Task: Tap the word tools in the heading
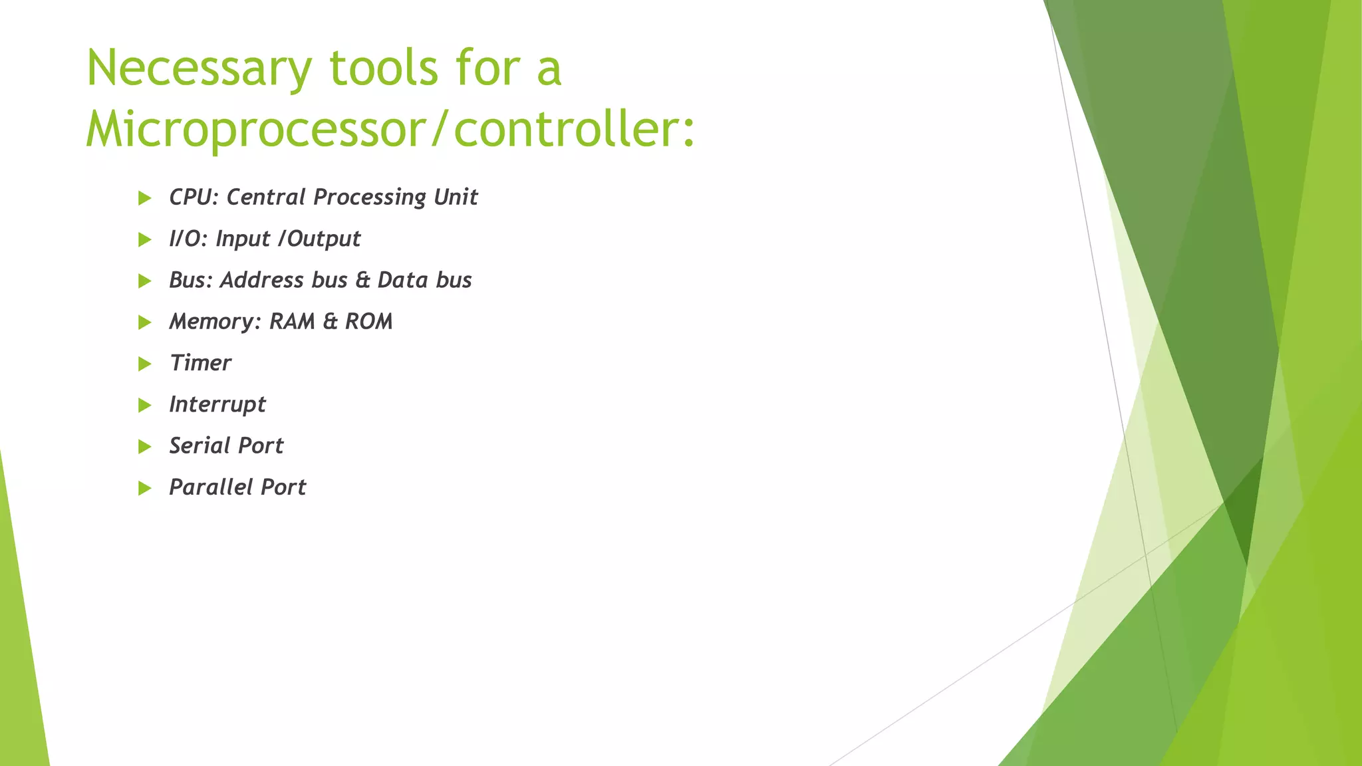click(384, 68)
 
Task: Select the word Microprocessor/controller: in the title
click(390, 129)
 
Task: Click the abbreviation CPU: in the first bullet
click(194, 197)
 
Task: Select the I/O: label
click(188, 239)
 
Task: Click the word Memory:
click(215, 322)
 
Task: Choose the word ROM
click(368, 322)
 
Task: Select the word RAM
click(292, 322)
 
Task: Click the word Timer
click(200, 363)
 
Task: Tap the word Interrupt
click(217, 405)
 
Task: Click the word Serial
click(198, 446)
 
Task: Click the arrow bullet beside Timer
click(144, 364)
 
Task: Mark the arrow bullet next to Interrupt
click(144, 405)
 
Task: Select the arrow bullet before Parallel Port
click(144, 488)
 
